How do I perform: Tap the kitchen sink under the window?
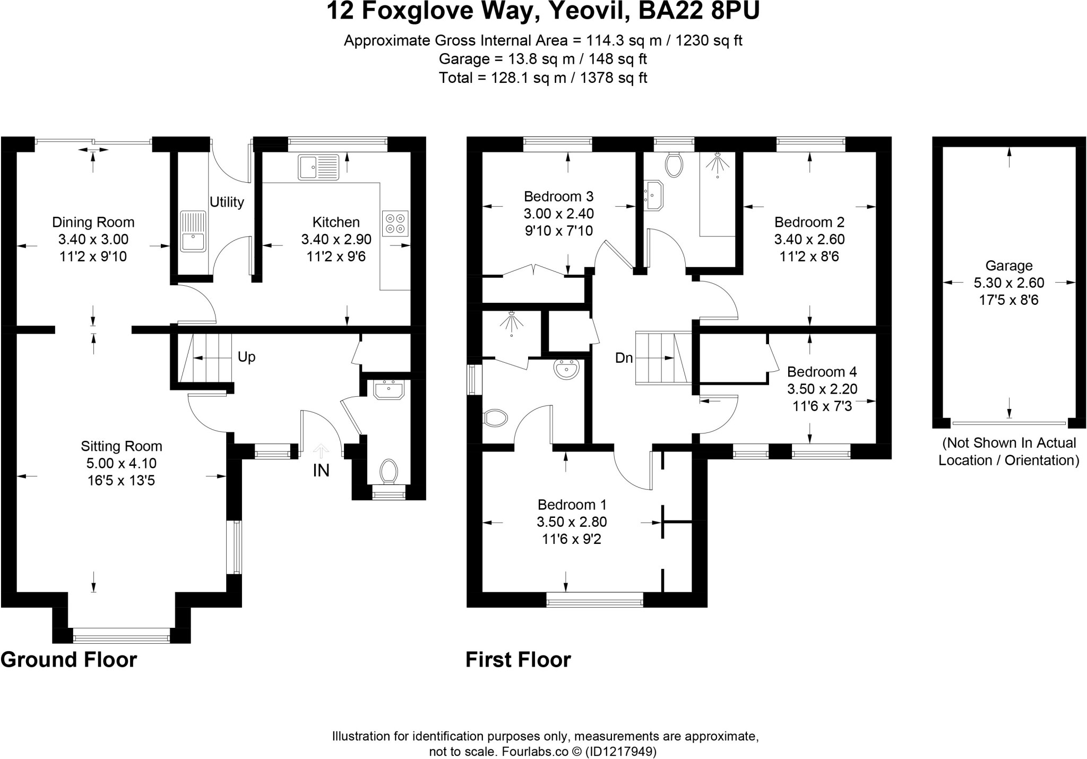click(318, 167)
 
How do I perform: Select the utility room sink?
click(193, 231)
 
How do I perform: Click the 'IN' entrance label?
click(321, 471)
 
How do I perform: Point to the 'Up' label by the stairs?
click(246, 357)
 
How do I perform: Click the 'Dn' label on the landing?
click(624, 358)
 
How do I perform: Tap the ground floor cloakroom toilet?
click(389, 471)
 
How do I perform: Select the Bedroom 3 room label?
click(558, 197)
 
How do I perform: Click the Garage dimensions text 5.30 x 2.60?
click(1008, 283)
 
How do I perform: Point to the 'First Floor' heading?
click(517, 660)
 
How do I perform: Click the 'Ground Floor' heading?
click(69, 660)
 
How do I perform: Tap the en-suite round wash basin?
click(566, 369)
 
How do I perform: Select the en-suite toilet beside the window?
click(496, 417)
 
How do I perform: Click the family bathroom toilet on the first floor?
click(674, 165)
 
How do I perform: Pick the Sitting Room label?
click(121, 446)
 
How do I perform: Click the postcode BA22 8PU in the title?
click(698, 11)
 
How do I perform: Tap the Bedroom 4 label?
click(822, 372)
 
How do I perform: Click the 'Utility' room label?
click(227, 202)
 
